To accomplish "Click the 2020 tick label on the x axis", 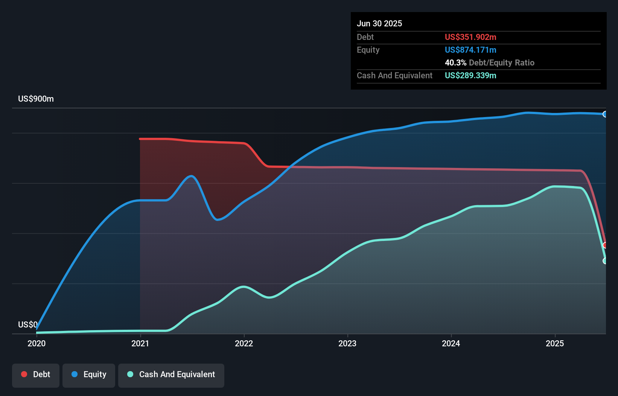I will coord(37,343).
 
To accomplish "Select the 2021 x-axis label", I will coord(140,343).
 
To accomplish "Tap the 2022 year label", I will coord(244,343).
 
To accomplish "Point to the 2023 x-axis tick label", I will coord(347,343).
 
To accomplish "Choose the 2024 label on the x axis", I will coord(451,343).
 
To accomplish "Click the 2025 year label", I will coord(555,343).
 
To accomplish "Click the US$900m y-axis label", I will coord(36,99).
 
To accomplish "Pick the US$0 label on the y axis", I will coord(27,324).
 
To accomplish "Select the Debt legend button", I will coord(36,375).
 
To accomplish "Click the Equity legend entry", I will coord(89,375).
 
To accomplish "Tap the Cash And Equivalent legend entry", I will coord(171,375).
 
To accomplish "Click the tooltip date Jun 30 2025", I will coord(379,24).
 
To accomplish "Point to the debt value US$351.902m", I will coord(470,37).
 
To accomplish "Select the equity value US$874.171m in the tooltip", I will coord(470,50).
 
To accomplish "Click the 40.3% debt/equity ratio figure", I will coord(455,63).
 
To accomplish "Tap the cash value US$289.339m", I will coord(470,76).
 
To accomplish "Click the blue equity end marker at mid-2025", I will coord(605,114).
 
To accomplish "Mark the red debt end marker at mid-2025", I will coord(605,245).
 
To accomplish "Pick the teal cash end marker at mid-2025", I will coord(605,261).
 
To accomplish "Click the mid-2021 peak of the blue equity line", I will coord(192,176).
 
